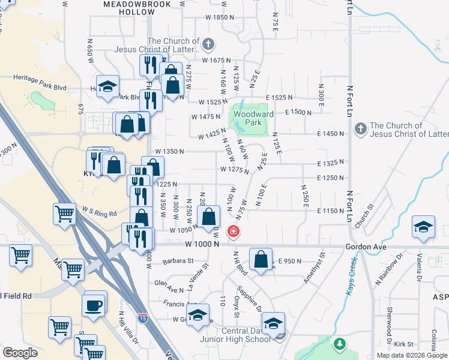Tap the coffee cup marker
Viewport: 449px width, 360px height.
(x=94, y=304)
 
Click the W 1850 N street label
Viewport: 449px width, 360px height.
(x=218, y=17)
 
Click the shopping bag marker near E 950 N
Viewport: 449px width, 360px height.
(x=261, y=260)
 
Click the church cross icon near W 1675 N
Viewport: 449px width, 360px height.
(x=208, y=43)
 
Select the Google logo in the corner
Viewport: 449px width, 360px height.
(x=20, y=353)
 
